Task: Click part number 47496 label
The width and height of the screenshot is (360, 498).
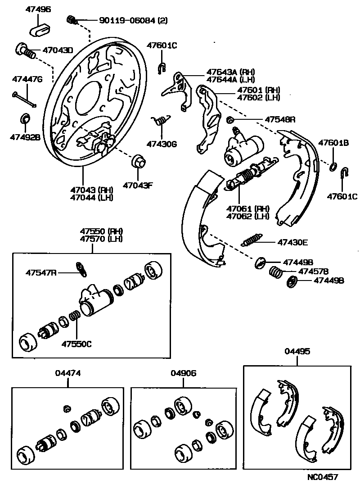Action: tap(38, 9)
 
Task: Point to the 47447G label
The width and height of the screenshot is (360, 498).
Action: tap(27, 80)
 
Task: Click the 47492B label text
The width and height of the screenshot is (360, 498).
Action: tap(25, 137)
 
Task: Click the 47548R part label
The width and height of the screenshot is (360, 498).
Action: tap(279, 120)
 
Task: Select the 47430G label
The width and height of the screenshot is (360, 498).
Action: tap(162, 144)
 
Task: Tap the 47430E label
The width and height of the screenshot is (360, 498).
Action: tap(292, 242)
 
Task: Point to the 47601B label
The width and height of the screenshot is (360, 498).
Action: tap(334, 143)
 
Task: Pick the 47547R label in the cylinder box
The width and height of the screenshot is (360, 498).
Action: tap(41, 272)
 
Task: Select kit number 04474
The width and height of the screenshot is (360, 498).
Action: tap(68, 373)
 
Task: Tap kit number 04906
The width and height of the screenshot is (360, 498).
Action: tap(184, 373)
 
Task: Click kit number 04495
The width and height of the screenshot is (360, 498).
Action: tap(297, 352)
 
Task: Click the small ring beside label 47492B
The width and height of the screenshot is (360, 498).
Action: tap(26, 119)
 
